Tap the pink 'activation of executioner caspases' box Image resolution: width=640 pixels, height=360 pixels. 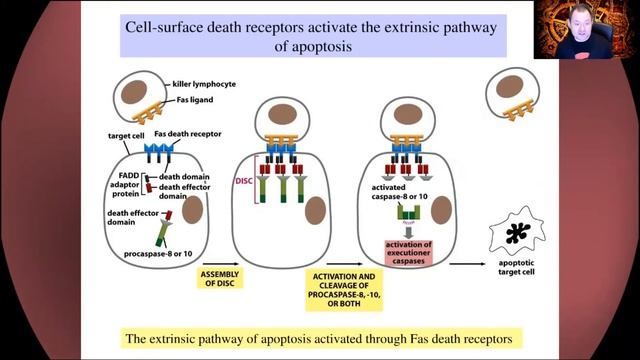pyautogui.click(x=408, y=250)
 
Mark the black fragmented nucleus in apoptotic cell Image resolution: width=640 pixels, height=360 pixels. pyautogui.click(x=522, y=235)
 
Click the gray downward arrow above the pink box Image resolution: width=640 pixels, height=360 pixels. pyautogui.click(x=407, y=226)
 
